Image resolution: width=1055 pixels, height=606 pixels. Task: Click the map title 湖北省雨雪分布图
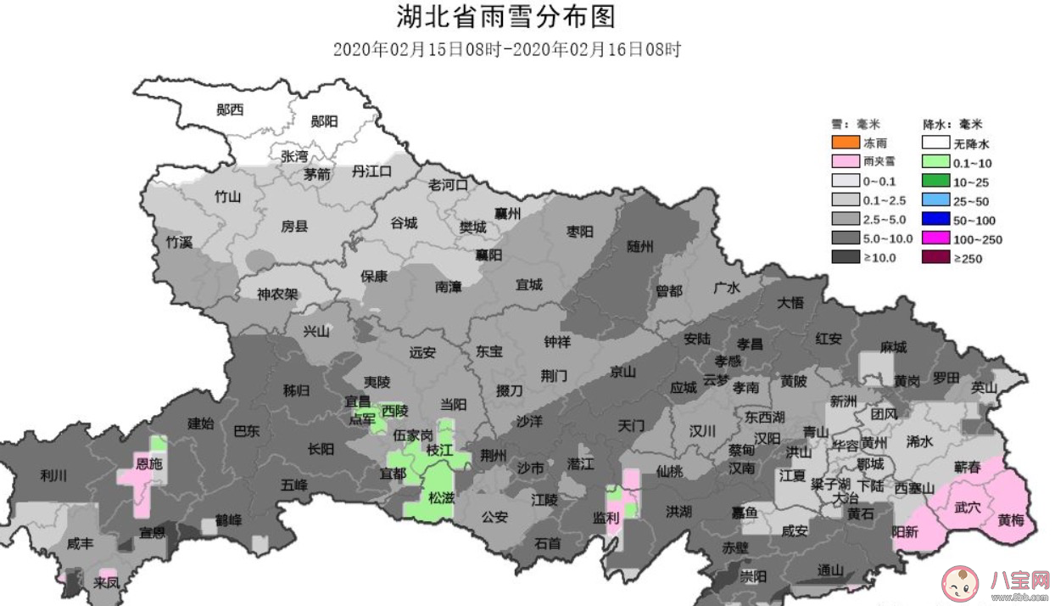(505, 16)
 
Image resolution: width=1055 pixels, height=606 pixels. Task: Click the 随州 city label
(640, 247)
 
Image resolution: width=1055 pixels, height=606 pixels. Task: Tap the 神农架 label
(277, 295)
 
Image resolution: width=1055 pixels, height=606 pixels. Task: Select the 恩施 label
(149, 464)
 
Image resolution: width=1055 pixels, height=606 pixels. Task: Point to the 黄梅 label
(1011, 520)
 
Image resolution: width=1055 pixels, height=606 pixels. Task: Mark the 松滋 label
(441, 498)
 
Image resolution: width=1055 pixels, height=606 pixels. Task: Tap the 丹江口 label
(372, 171)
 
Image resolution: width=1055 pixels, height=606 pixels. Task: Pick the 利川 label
(53, 475)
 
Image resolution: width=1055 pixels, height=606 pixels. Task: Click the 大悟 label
(790, 302)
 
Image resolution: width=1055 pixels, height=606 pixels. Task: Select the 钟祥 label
(557, 341)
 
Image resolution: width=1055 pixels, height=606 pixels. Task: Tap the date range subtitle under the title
(506, 49)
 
